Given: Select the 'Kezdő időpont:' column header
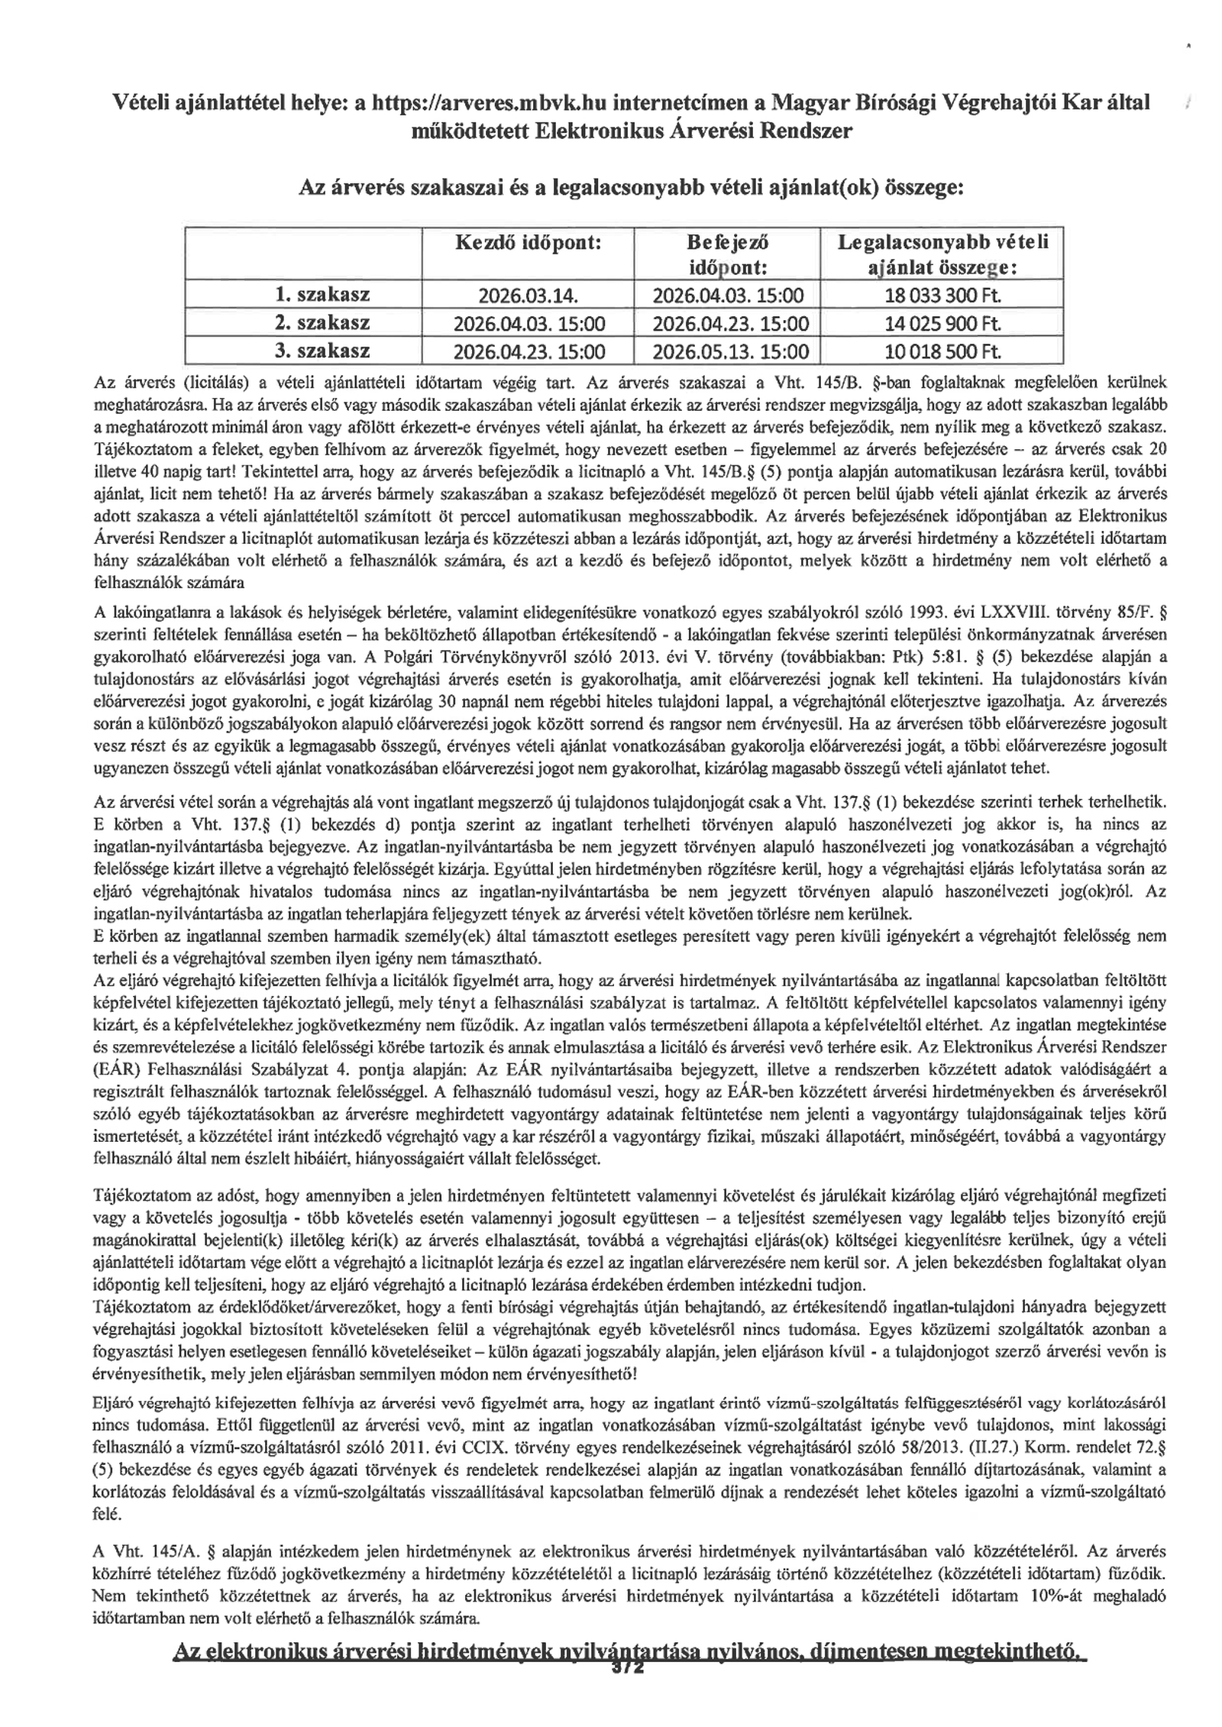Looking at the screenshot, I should click(529, 243).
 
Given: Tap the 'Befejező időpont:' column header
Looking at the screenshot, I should click(726, 255).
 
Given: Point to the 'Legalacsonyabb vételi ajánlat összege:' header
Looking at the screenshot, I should click(942, 255).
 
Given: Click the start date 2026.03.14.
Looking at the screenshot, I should click(529, 296).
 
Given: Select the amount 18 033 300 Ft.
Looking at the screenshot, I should click(942, 296).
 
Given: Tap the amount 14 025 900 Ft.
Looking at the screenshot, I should click(942, 324).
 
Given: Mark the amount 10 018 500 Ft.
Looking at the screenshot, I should click(942, 352).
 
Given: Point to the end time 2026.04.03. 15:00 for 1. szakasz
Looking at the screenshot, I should click(726, 296).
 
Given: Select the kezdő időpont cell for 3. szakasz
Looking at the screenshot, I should click(529, 352).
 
